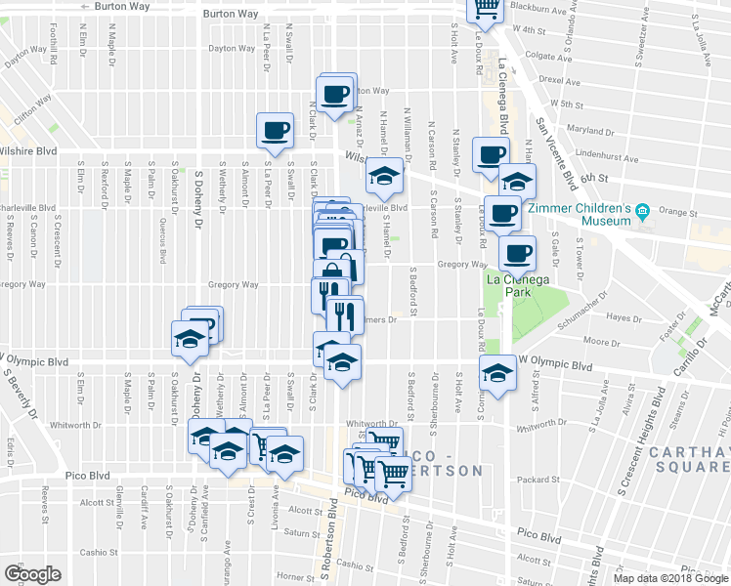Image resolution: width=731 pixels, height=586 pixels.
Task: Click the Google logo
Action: pos(32,573)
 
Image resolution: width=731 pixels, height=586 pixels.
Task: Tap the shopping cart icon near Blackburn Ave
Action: pos(485,10)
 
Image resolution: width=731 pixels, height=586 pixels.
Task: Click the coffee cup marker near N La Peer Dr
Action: pos(274,130)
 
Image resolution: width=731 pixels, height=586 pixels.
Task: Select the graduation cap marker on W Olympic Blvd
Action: pos(498,373)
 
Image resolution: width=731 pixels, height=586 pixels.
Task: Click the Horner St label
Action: pos(294,576)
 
